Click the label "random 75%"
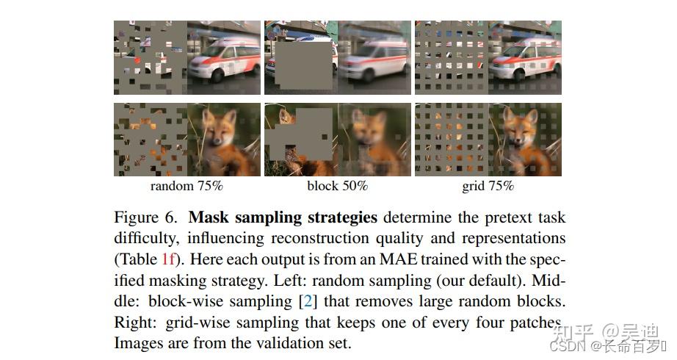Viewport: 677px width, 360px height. (187, 186)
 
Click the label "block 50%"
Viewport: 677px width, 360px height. (337, 186)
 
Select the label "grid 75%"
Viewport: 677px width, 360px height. (488, 186)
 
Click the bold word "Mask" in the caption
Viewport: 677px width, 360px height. (207, 218)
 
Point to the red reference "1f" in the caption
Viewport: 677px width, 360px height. (169, 259)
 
